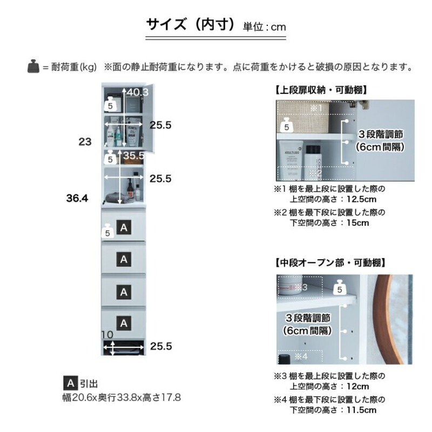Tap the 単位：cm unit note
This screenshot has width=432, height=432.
point(264,26)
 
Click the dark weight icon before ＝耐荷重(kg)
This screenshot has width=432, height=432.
point(33,67)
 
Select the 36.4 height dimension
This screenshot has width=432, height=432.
point(77,198)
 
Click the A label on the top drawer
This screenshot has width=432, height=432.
point(124,228)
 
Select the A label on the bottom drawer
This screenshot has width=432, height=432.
point(124,323)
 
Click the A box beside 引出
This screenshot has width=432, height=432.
point(70,384)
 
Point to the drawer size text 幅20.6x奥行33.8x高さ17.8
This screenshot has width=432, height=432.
point(122,398)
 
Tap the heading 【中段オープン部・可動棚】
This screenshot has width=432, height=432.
point(329,263)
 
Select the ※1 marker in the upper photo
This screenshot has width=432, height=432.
point(316,108)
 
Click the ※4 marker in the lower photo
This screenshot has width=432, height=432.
point(301,356)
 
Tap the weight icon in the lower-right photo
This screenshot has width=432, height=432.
point(340,287)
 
